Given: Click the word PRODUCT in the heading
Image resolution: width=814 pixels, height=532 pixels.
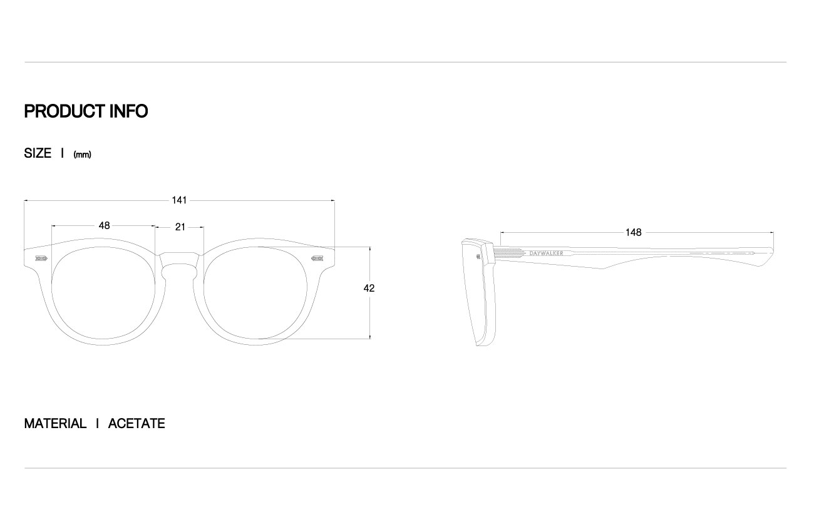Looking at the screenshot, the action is [64, 111].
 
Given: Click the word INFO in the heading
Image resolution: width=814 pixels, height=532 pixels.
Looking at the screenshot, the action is [128, 111].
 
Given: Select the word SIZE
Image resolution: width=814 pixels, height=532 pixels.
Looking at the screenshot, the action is [38, 153].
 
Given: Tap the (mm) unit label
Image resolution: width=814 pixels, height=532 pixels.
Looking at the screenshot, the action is [82, 155].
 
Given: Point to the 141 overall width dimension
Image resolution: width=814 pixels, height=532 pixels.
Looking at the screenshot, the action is [179, 200].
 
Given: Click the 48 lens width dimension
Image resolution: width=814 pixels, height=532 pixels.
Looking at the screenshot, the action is [105, 225].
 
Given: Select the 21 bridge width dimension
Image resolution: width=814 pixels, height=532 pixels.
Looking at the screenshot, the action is [180, 227].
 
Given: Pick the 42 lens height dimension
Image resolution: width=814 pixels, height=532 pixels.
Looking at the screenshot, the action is [369, 288].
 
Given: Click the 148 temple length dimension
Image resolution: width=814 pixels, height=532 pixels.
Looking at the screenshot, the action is [634, 232].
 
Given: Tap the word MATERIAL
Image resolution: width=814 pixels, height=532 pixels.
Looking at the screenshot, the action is [55, 424].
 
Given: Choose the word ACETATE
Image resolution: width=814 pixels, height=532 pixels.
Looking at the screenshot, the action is [137, 424].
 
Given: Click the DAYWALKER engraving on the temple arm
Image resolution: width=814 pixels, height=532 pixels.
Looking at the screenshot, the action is [546, 253].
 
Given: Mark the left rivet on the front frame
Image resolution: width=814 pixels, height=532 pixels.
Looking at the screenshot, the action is [41, 258].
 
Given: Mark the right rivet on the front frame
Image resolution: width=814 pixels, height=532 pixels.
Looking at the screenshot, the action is [317, 258].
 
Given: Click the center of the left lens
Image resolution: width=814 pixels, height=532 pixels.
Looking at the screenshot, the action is [103, 293].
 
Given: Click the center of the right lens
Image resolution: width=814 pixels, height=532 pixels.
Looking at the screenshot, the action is [255, 293].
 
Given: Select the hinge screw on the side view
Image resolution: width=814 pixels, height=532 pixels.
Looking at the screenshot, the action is [478, 257].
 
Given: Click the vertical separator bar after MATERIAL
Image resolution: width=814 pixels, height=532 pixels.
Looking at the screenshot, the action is [98, 424].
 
